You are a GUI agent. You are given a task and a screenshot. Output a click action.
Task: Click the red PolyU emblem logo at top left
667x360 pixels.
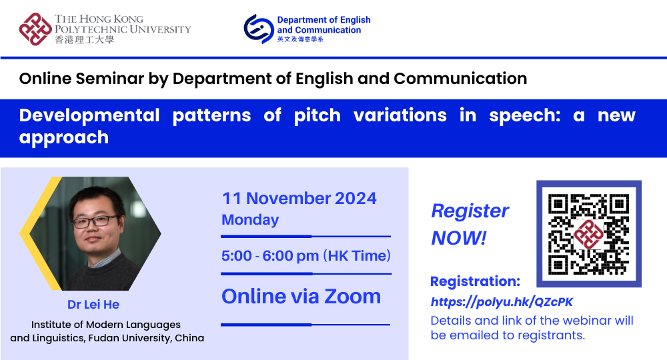pyautogui.click(x=35, y=28)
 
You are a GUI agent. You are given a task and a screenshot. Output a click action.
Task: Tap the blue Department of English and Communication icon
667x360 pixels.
pyautogui.click(x=258, y=29)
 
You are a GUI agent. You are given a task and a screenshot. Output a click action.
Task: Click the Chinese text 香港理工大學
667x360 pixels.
pyautogui.click(x=85, y=40)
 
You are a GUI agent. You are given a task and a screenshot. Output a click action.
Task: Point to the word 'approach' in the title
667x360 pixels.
pyautogui.click(x=64, y=137)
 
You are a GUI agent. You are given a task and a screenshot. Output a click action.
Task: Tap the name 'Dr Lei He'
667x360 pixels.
pyautogui.click(x=93, y=305)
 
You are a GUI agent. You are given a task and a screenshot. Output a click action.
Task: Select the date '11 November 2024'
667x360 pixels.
pyautogui.click(x=299, y=199)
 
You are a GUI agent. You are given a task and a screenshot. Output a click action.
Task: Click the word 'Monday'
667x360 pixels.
pyautogui.click(x=250, y=219)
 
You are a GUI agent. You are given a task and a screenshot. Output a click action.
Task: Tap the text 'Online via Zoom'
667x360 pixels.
pyautogui.click(x=301, y=296)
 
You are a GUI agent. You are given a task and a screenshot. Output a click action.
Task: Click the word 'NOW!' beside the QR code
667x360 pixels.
pyautogui.click(x=459, y=237)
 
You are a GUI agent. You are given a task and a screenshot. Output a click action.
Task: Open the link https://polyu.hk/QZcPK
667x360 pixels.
pyautogui.click(x=502, y=302)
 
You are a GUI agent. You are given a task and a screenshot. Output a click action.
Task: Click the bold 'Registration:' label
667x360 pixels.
pyautogui.click(x=475, y=281)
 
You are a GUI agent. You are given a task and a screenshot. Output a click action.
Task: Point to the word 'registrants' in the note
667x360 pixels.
pyautogui.click(x=548, y=335)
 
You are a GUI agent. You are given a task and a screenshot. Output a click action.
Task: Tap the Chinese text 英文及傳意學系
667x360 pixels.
pyautogui.click(x=300, y=40)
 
